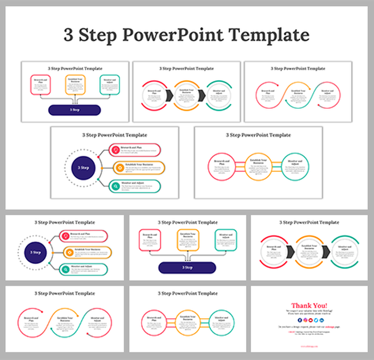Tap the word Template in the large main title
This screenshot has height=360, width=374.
267,35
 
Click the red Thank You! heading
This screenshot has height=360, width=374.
310,305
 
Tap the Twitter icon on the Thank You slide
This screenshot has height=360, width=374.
315,320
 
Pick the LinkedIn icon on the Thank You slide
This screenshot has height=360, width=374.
321,320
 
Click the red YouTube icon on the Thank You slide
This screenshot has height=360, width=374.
310,320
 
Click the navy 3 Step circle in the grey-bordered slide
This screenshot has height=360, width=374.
83,167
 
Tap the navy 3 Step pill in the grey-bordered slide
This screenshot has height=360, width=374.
75,110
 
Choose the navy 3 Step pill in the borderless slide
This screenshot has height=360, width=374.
186,268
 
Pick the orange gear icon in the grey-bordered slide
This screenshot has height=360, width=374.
116,167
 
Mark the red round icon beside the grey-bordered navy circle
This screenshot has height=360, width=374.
116,150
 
